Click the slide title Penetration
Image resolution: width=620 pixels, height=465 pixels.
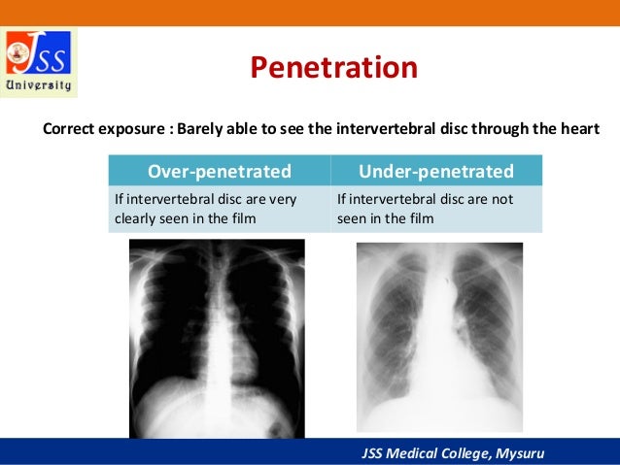click(333, 69)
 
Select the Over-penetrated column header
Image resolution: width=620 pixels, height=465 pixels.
click(219, 172)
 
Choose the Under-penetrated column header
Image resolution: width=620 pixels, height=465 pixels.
click(435, 172)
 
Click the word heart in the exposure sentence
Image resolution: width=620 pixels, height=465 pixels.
click(579, 129)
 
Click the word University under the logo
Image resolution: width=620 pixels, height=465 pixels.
click(40, 85)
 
